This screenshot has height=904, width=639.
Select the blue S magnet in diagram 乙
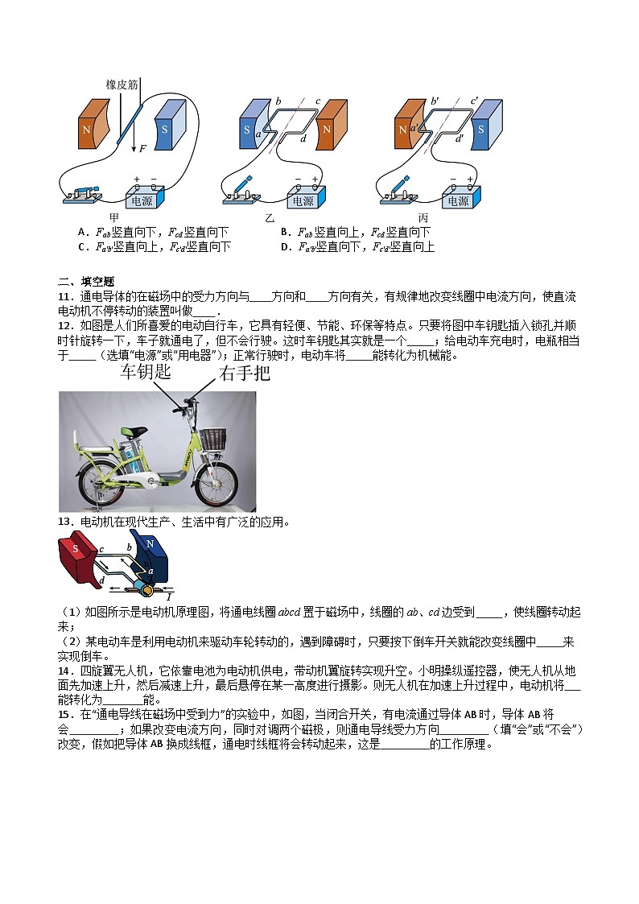pyautogui.click(x=248, y=128)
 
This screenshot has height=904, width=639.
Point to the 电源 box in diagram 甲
pyautogui.click(x=145, y=196)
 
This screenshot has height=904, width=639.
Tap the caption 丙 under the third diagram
pyautogui.click(x=423, y=218)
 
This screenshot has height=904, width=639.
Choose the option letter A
pyautogui.click(x=82, y=232)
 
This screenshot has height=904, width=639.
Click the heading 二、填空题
pyautogui.click(x=87, y=281)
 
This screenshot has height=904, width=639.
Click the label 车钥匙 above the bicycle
pyautogui.click(x=146, y=372)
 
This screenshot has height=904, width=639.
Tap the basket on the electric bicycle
pyautogui.click(x=212, y=439)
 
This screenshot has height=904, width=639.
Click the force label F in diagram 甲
pyautogui.click(x=142, y=148)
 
